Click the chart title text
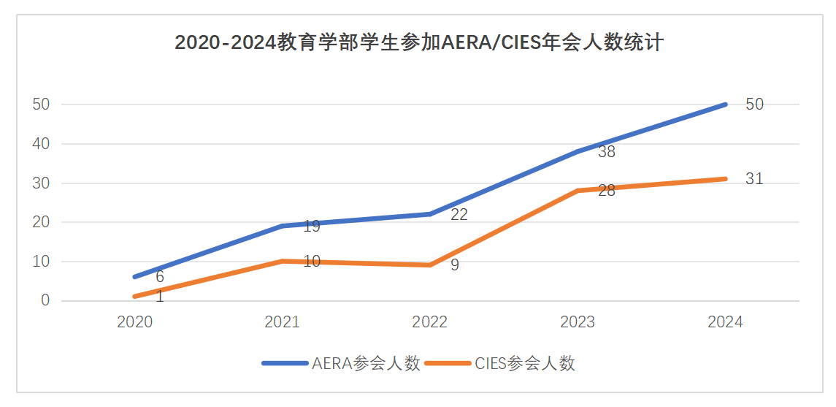[419, 42]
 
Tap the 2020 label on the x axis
[135, 322]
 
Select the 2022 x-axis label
[430, 322]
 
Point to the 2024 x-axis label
[725, 322]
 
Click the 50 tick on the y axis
[41, 104]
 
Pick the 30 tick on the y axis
[41, 183]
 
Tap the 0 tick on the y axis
[45, 301]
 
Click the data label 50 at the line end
[754, 104]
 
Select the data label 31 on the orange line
[754, 179]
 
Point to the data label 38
[607, 152]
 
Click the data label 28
[607, 191]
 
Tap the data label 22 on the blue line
[459, 215]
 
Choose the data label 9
[454, 265]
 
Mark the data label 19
[311, 227]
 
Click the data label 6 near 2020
[159, 277]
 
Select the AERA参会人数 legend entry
[341, 364]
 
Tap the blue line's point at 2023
[578, 151]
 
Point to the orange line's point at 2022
[430, 265]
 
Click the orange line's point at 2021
[283, 262]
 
